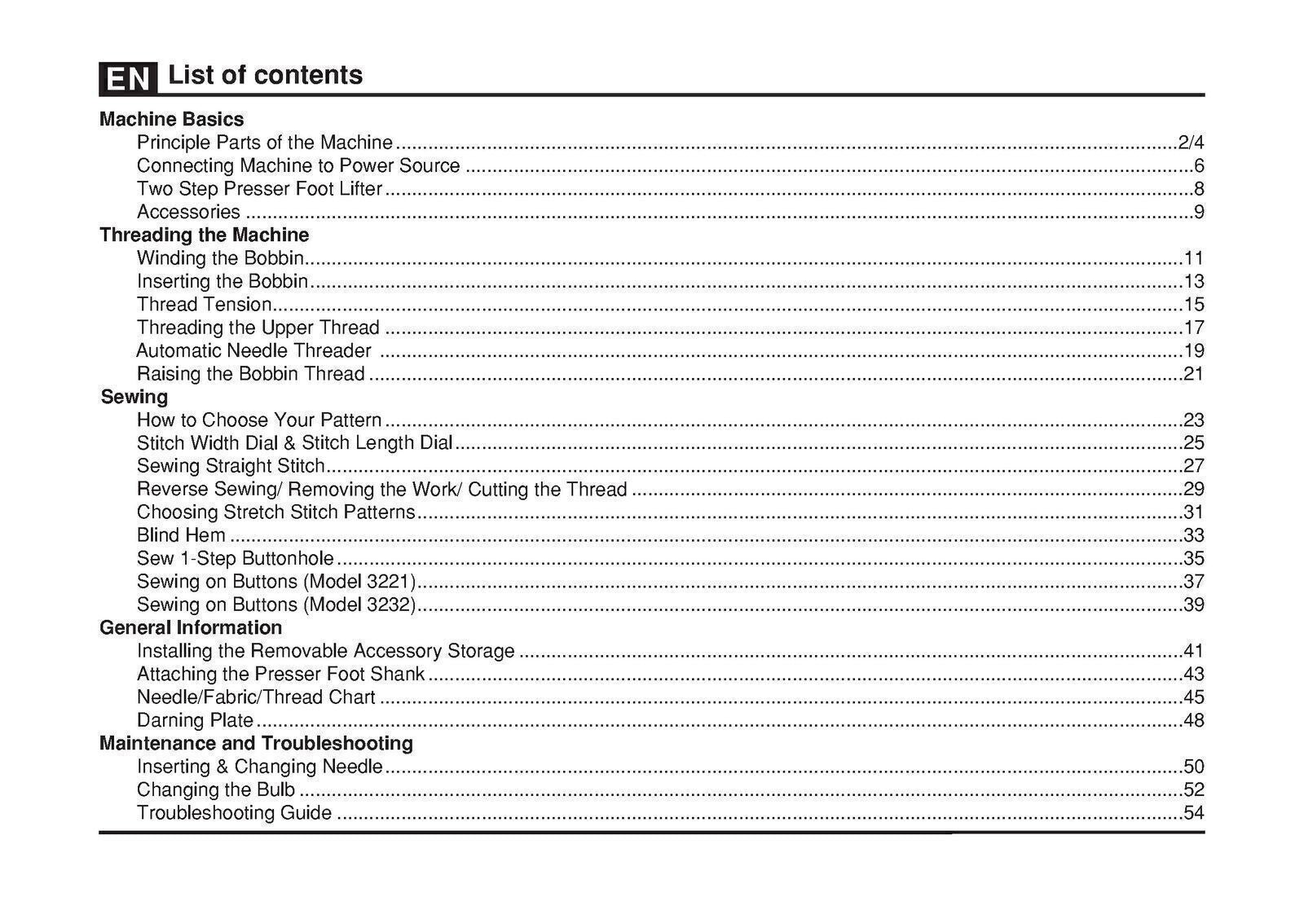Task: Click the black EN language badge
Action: pos(128,78)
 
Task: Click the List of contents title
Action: pos(265,75)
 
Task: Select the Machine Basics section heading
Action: pos(171,119)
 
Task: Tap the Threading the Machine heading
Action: pos(204,235)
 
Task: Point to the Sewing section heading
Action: pos(134,397)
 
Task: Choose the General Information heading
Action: pos(191,627)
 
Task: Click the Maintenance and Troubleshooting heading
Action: pos(256,743)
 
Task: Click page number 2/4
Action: pos(1191,143)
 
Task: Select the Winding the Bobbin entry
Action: pos(220,258)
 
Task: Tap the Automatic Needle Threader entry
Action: pos(253,350)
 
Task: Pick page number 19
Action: pos(1193,351)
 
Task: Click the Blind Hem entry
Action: pos(181,535)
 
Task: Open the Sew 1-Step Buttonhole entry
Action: pos(235,558)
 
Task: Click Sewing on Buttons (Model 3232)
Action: pos(276,605)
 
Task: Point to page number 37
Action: pos(1193,582)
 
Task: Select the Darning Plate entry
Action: pos(195,720)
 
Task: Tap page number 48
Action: pos(1193,720)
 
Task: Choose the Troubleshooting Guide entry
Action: pos(234,812)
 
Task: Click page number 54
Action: pos(1193,812)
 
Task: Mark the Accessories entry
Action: pos(188,212)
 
